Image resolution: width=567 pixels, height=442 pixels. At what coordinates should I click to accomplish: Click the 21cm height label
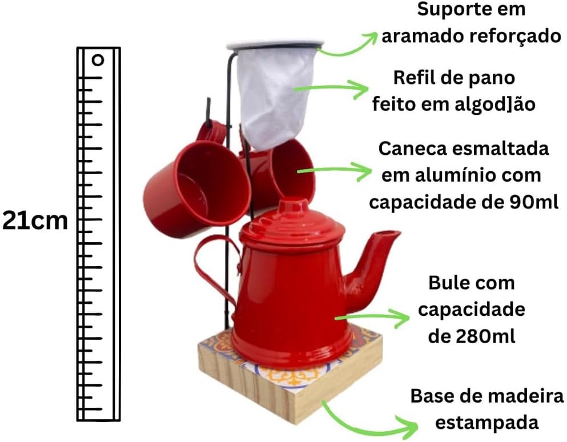(35, 221)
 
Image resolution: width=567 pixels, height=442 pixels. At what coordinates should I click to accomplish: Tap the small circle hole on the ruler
(98, 59)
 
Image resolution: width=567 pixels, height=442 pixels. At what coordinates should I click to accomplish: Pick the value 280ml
(488, 336)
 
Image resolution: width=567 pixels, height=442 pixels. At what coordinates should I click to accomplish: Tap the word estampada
(486, 423)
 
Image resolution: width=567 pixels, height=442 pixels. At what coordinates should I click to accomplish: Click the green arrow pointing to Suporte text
(348, 43)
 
